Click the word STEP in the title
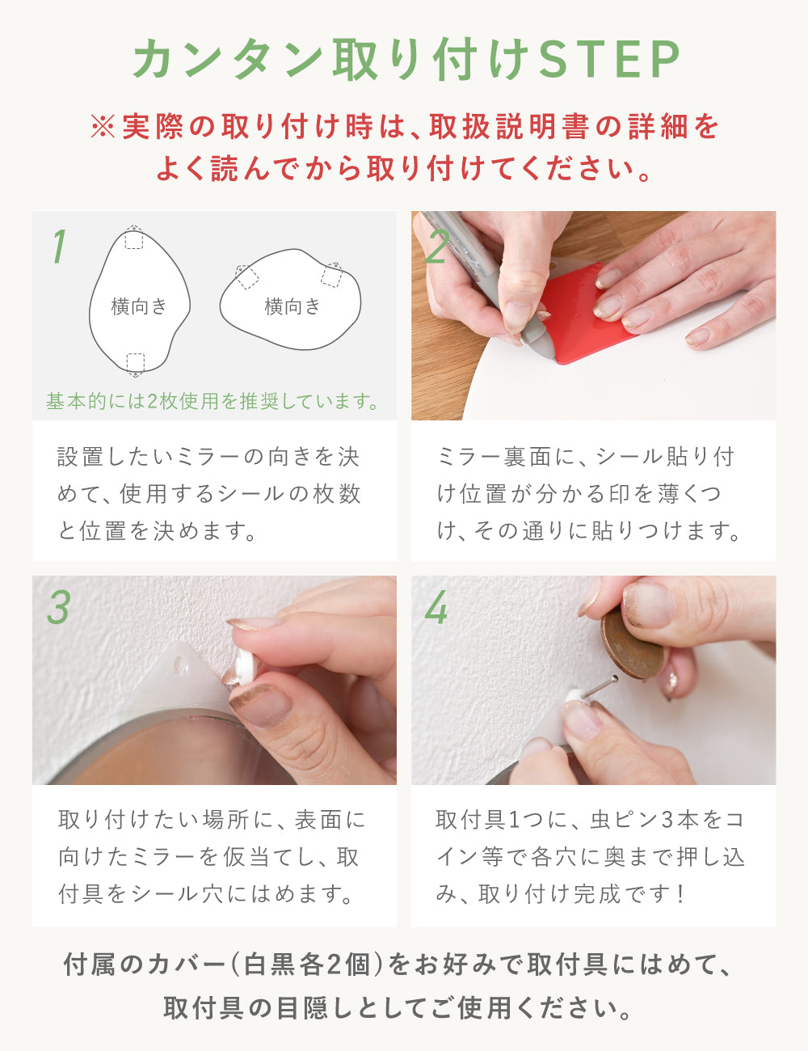[610, 60]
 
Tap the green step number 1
[58, 247]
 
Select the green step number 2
[437, 247]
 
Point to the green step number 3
[58, 607]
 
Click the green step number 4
[436, 607]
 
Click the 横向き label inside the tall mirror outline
[139, 306]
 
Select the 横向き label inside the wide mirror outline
[292, 306]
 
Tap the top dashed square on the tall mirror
[134, 239]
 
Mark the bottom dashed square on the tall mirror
[135, 362]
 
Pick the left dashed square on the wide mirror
[247, 277]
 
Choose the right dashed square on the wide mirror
[331, 276]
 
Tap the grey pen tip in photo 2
[544, 348]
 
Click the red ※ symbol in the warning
[103, 127]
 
